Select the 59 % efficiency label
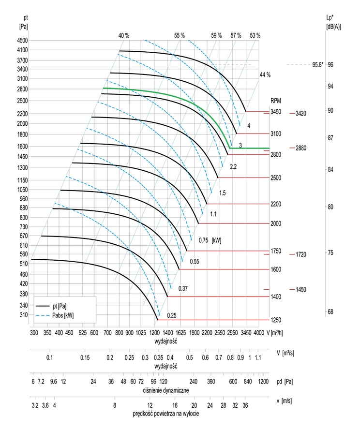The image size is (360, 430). [x=216, y=35]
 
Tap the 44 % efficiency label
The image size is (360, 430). [x=265, y=75]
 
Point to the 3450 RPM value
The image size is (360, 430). [x=276, y=112]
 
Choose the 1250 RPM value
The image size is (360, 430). [x=276, y=320]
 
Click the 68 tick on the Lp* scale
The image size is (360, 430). [x=330, y=312]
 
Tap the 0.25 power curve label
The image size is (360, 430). [x=171, y=315]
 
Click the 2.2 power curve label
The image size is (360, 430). [x=233, y=167]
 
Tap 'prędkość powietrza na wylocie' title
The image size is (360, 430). [x=166, y=414]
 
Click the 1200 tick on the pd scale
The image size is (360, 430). [x=263, y=381]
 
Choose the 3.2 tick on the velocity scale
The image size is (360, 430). [x=35, y=405]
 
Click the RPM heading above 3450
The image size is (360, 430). [x=275, y=101]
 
